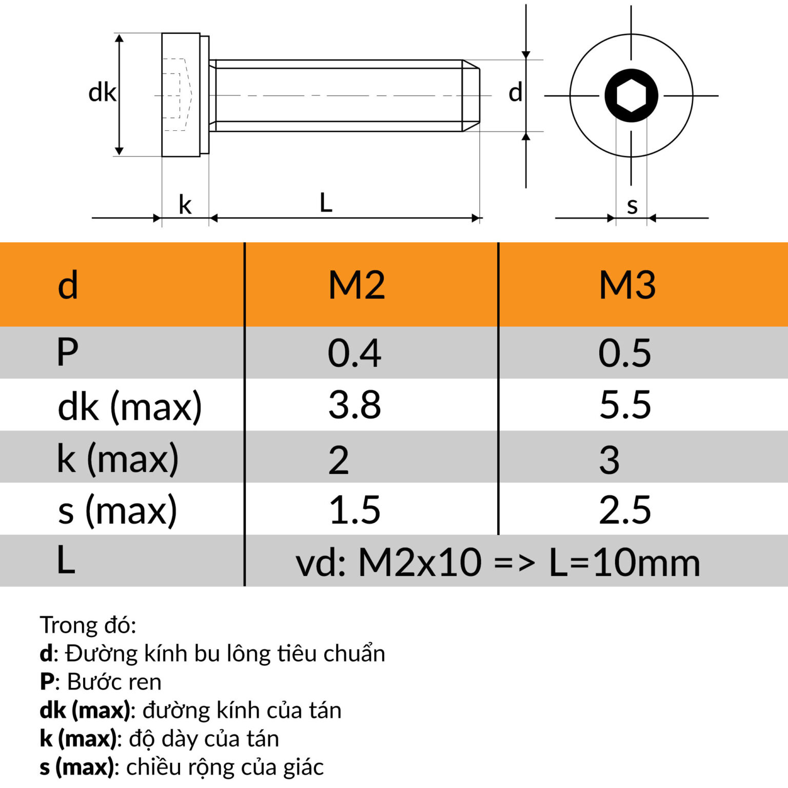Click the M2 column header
(357, 285)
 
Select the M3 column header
(627, 285)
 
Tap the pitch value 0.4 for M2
(354, 353)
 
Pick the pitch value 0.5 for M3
(624, 353)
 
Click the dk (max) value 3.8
(354, 405)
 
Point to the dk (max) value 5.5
(625, 405)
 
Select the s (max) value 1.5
(354, 510)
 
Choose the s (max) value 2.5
(625, 510)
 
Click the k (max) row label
(117, 458)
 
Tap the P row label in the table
(67, 353)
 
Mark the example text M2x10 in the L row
(420, 563)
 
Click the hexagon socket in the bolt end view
(631, 95)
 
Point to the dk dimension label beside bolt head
(102, 93)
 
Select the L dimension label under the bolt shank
(326, 203)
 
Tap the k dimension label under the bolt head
(185, 205)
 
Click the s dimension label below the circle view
(632, 206)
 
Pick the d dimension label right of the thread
(515, 93)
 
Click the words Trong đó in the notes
(88, 625)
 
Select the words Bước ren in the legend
(114, 682)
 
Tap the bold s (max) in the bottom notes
(76, 767)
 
